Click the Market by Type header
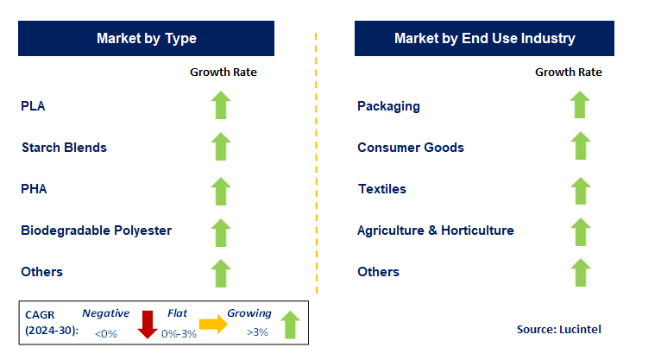146,39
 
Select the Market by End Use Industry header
484,39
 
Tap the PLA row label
33,106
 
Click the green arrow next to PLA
222,105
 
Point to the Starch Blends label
64,148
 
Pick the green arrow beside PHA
222,190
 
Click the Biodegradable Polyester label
96,231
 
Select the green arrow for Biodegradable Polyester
222,231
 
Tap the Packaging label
388,106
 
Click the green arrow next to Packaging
579,105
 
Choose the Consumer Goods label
411,148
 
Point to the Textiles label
381,189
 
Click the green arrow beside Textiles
579,190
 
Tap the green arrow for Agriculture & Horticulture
579,231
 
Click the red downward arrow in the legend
146,324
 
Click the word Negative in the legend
105,313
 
